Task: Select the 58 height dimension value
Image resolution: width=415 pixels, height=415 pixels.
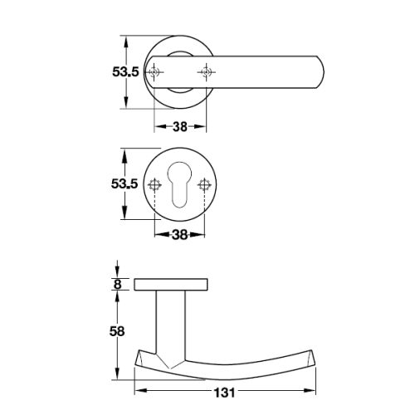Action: click(x=117, y=331)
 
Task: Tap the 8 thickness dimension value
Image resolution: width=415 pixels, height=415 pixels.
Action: click(x=117, y=284)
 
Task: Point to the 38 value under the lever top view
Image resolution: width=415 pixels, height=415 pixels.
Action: click(x=179, y=128)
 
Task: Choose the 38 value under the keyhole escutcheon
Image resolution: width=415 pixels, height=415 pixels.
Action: click(x=179, y=235)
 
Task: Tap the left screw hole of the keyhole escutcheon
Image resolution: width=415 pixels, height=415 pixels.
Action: click(x=155, y=184)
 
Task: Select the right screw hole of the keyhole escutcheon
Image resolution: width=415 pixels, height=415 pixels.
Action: click(x=203, y=184)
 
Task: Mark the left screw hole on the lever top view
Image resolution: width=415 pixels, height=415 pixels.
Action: click(x=155, y=73)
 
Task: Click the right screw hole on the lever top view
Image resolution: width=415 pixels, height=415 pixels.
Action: click(x=203, y=73)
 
